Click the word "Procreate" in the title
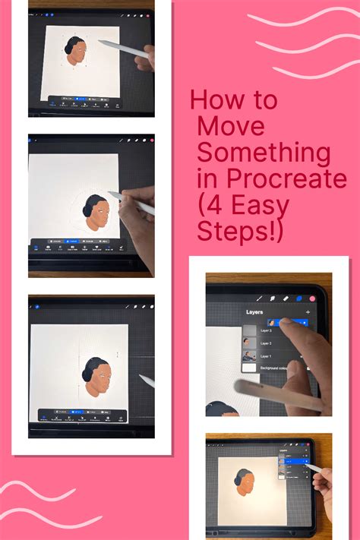click(292, 180)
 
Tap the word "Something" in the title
click(264, 153)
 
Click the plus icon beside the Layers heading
click(308, 312)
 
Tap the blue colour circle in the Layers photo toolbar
click(300, 298)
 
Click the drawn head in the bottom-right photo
click(245, 482)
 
